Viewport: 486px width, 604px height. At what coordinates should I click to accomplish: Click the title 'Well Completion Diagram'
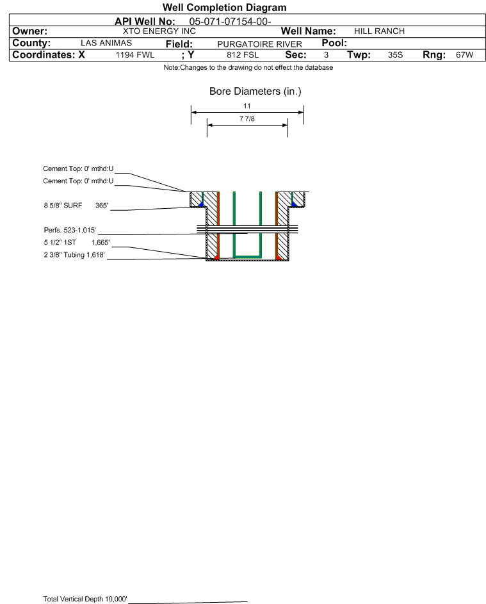click(224, 7)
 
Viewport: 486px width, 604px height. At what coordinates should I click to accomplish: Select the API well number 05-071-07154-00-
click(230, 22)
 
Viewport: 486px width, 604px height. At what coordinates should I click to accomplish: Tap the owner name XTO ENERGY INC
click(159, 31)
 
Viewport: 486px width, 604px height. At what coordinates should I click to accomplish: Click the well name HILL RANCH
click(379, 31)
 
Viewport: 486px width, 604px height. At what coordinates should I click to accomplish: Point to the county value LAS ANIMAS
click(106, 43)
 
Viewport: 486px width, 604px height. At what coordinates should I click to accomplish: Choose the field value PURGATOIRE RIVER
click(259, 44)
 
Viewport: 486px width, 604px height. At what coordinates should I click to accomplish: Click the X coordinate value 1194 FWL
click(134, 55)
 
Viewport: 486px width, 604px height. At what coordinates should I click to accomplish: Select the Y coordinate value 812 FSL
click(243, 55)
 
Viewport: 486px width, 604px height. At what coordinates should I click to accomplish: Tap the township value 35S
click(395, 55)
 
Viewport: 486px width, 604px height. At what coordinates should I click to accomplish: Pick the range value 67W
click(464, 55)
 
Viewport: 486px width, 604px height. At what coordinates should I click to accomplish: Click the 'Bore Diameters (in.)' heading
click(255, 92)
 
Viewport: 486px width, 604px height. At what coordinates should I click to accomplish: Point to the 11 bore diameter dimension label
click(247, 106)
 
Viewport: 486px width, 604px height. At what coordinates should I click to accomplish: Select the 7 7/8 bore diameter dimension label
click(247, 118)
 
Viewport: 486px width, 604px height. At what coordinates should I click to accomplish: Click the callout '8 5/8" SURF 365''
click(76, 206)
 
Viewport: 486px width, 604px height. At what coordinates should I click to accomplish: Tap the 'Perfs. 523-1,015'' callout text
click(70, 231)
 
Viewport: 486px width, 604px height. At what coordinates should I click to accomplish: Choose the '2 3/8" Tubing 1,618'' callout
click(74, 255)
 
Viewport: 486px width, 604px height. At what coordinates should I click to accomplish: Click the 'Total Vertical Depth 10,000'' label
click(85, 599)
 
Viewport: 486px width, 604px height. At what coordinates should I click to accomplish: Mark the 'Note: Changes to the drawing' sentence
click(248, 68)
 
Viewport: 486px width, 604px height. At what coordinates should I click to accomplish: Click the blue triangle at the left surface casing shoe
click(200, 204)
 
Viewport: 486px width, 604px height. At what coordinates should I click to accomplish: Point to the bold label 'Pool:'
click(334, 43)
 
